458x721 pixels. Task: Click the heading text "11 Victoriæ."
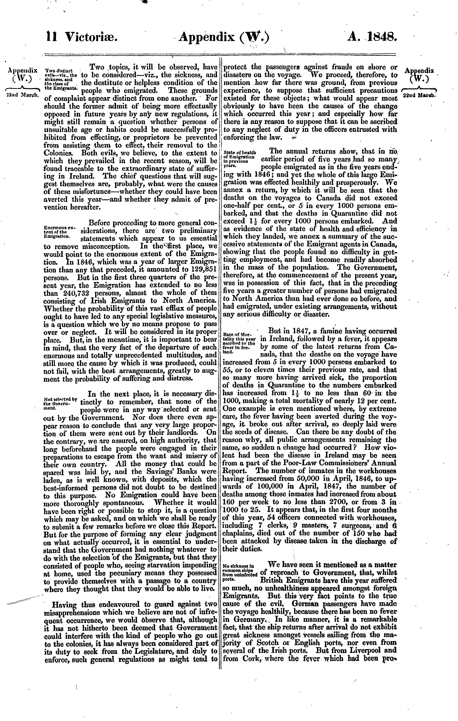[81, 37]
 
